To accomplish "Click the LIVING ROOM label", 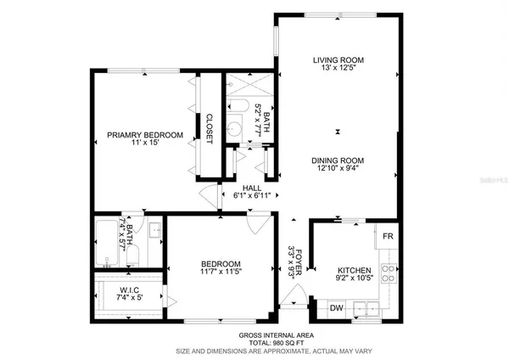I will pos(338,60).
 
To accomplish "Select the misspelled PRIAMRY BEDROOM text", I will pos(145,135).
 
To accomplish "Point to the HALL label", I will pos(251,188).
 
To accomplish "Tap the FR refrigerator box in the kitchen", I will pos(388,236).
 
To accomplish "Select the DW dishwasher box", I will pos(336,308).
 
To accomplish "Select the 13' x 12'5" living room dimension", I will pos(337,70).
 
